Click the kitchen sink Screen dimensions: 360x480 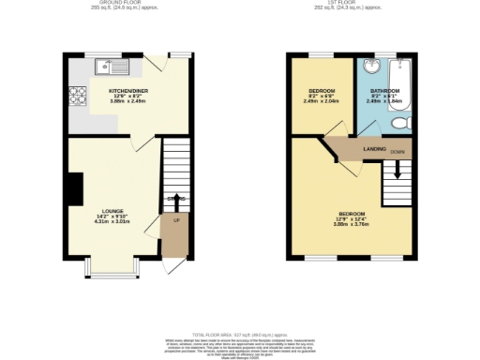click(112, 66)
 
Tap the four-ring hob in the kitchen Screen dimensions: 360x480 click(76, 95)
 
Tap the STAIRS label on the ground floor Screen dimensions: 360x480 click(175, 199)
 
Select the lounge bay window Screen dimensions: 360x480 click(112, 267)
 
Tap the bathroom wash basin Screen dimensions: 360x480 click(370, 67)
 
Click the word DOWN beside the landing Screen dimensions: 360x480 click(397, 151)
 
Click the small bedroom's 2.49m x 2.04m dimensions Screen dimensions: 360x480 click(322, 102)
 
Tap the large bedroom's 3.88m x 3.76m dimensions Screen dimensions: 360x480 click(353, 224)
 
